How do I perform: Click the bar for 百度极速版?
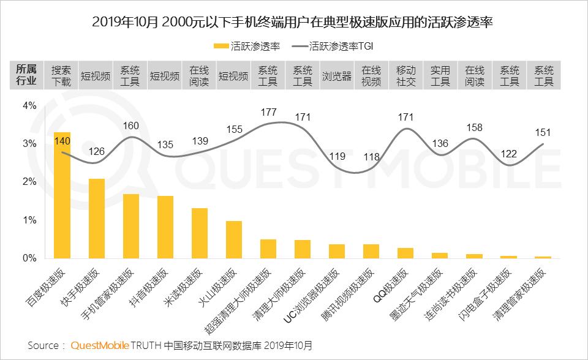(x=62, y=195)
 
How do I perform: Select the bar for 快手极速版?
(x=97, y=219)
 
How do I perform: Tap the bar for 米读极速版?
(x=200, y=233)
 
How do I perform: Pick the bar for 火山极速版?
(x=234, y=239)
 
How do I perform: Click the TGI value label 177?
(x=268, y=112)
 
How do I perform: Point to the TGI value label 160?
(x=131, y=126)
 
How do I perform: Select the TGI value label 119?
(x=337, y=156)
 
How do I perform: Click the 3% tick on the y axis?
(x=29, y=144)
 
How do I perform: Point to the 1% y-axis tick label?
(x=29, y=220)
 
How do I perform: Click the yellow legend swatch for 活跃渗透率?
(x=221, y=45)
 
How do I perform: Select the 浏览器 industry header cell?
(x=337, y=76)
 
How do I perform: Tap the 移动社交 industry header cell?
(x=406, y=76)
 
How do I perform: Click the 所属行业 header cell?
(x=26, y=76)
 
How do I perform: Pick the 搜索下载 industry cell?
(x=61, y=76)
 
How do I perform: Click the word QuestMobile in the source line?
(x=100, y=345)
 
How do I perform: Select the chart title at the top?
(x=293, y=22)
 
